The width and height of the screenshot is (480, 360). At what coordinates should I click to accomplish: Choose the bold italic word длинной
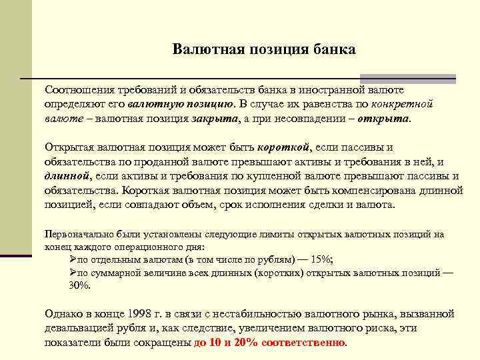coord(66,177)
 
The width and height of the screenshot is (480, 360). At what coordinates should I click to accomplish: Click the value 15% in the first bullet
coord(321,260)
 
